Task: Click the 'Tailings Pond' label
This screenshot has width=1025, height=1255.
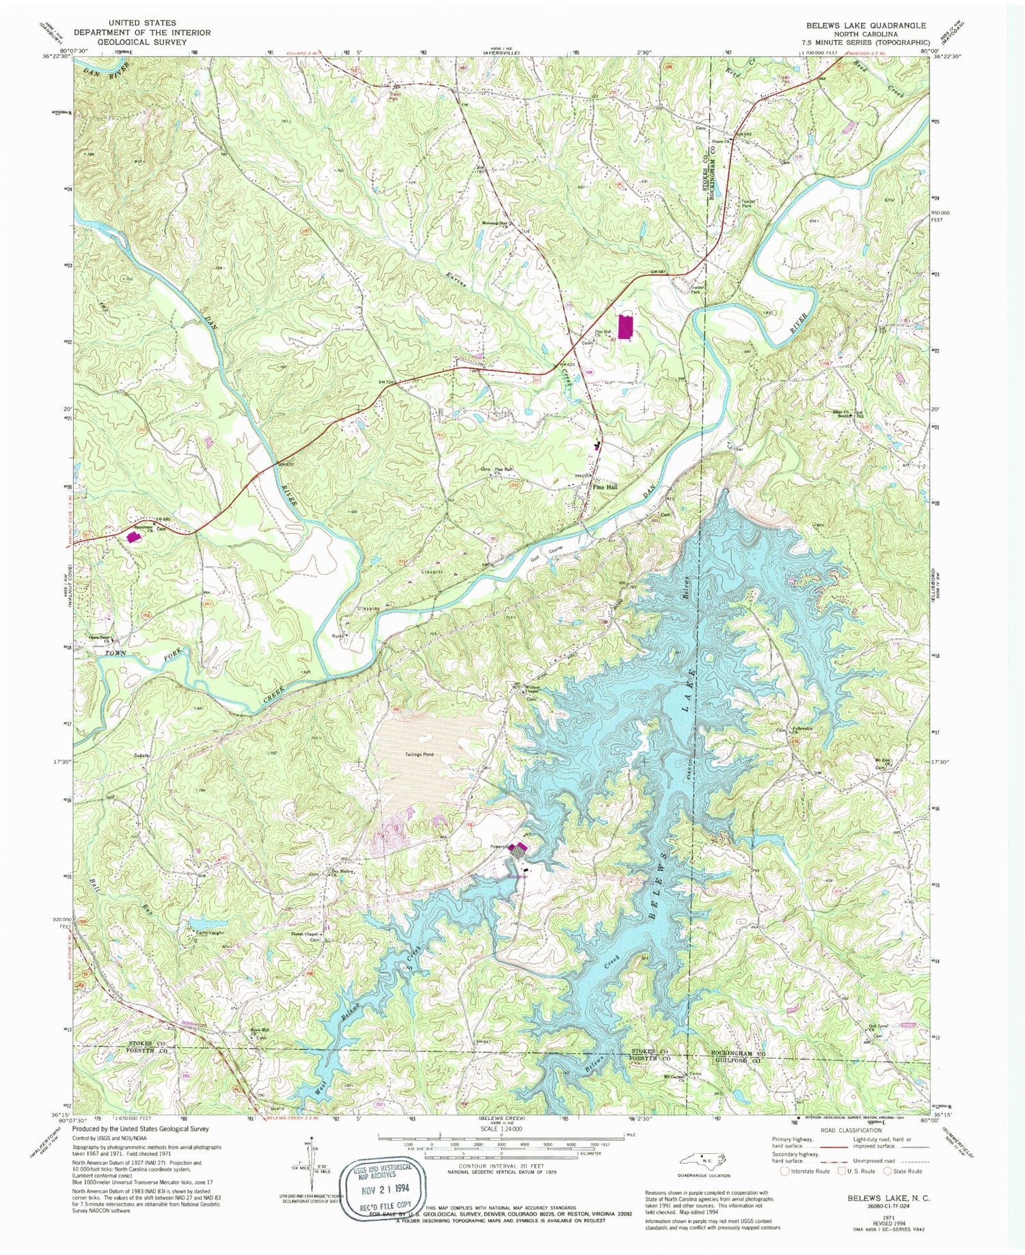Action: point(418,754)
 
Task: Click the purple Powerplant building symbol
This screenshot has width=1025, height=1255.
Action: point(520,851)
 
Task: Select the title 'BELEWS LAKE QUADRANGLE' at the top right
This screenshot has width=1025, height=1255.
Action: point(865,25)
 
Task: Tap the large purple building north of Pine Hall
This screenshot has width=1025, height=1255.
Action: point(624,325)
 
